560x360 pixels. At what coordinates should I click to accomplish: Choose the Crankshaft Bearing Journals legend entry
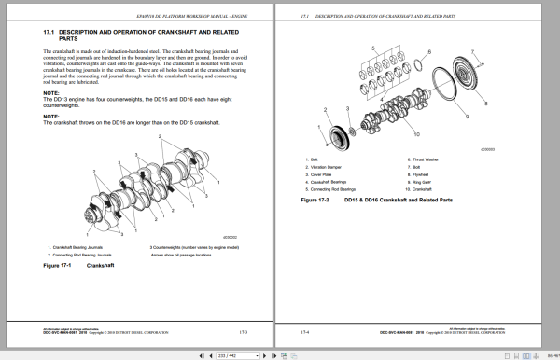coord(79,247)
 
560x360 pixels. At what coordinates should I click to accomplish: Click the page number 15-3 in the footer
coord(242,330)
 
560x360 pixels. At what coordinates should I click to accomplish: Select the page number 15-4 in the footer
coord(305,330)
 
